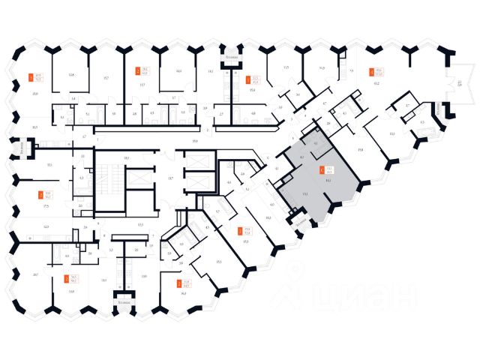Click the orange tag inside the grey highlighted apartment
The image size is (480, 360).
coord(322,170)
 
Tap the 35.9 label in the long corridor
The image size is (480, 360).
coord(194,140)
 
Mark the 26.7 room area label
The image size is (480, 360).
coord(36,275)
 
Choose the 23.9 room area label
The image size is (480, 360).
coord(35,94)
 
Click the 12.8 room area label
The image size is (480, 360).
coord(71,76)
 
